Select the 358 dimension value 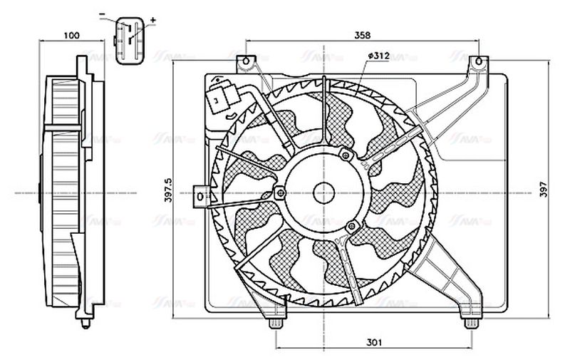point(362,34)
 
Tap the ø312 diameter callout point(378,56)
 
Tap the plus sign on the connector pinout point(153,19)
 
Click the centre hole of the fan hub point(324,192)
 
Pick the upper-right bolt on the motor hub point(346,155)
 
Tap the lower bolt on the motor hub point(351,227)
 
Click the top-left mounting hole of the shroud point(247,62)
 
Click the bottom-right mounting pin point(470,324)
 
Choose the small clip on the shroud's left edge point(201,194)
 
